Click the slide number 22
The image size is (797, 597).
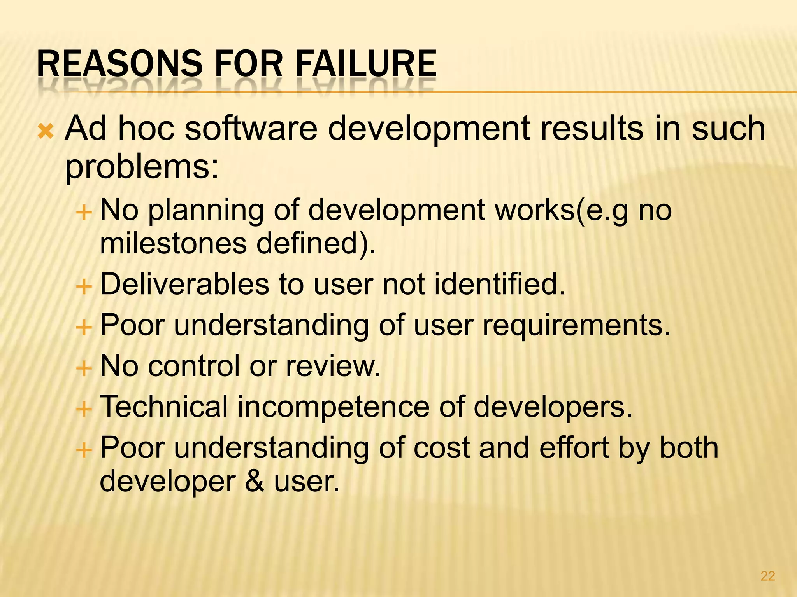tap(767, 576)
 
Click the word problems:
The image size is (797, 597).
tap(142, 167)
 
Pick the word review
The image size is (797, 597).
tap(333, 366)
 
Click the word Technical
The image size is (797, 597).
tap(164, 407)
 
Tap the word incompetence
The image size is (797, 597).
tap(334, 407)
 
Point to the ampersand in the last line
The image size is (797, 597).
tap(255, 481)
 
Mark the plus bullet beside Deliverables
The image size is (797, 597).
tap(84, 287)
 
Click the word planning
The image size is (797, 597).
tap(206, 210)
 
